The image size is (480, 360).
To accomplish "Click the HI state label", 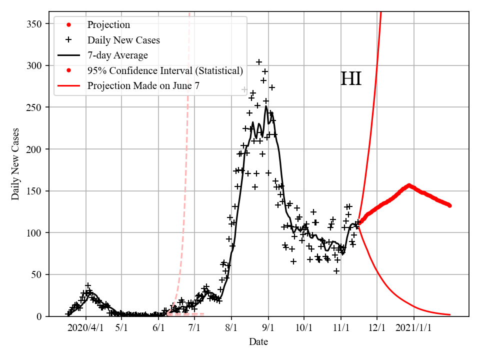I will coord(350,79).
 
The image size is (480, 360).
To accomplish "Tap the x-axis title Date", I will coord(258,342).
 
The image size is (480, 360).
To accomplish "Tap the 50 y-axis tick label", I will coord(37,274).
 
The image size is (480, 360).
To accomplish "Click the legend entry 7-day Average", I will coord(117,55).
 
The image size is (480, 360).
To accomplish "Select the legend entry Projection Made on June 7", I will coord(143,85).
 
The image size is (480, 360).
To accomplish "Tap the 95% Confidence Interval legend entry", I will coord(165,70).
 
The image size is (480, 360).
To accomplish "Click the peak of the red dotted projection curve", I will coord(409,185).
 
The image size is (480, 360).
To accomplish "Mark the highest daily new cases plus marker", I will coord(259,62).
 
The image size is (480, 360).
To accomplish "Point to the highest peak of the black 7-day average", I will coord(266,106).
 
